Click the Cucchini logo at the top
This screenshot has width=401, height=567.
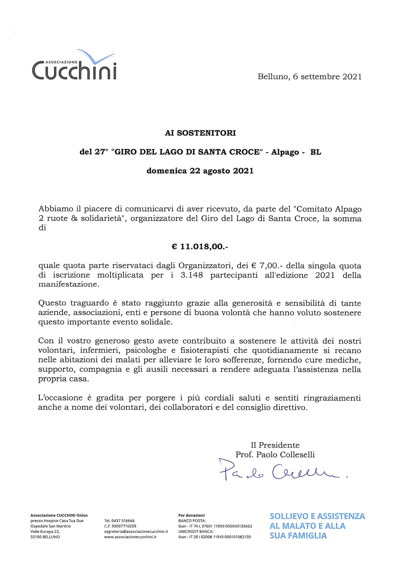click(74, 66)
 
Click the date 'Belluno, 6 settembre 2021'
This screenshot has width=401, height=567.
click(309, 77)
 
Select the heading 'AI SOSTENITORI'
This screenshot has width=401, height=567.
click(200, 133)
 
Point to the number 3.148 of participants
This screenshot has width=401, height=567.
click(191, 275)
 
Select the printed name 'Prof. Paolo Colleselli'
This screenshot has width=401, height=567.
click(275, 455)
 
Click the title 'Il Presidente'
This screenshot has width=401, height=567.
click(275, 445)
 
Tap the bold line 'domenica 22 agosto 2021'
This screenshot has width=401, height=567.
click(200, 171)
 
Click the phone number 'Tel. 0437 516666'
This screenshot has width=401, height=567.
click(119, 521)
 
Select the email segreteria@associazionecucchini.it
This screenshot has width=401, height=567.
click(136, 531)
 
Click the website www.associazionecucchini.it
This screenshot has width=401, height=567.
click(130, 537)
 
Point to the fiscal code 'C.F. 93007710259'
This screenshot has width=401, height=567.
click(120, 526)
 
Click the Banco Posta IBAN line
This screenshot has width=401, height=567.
click(215, 526)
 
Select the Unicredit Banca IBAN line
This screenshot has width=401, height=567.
click(214, 537)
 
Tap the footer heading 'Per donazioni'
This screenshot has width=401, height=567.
click(191, 515)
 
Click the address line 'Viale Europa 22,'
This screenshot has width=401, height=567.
click(45, 531)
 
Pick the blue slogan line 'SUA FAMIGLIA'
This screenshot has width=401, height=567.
click(298, 536)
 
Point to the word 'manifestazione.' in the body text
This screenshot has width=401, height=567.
click(69, 284)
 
